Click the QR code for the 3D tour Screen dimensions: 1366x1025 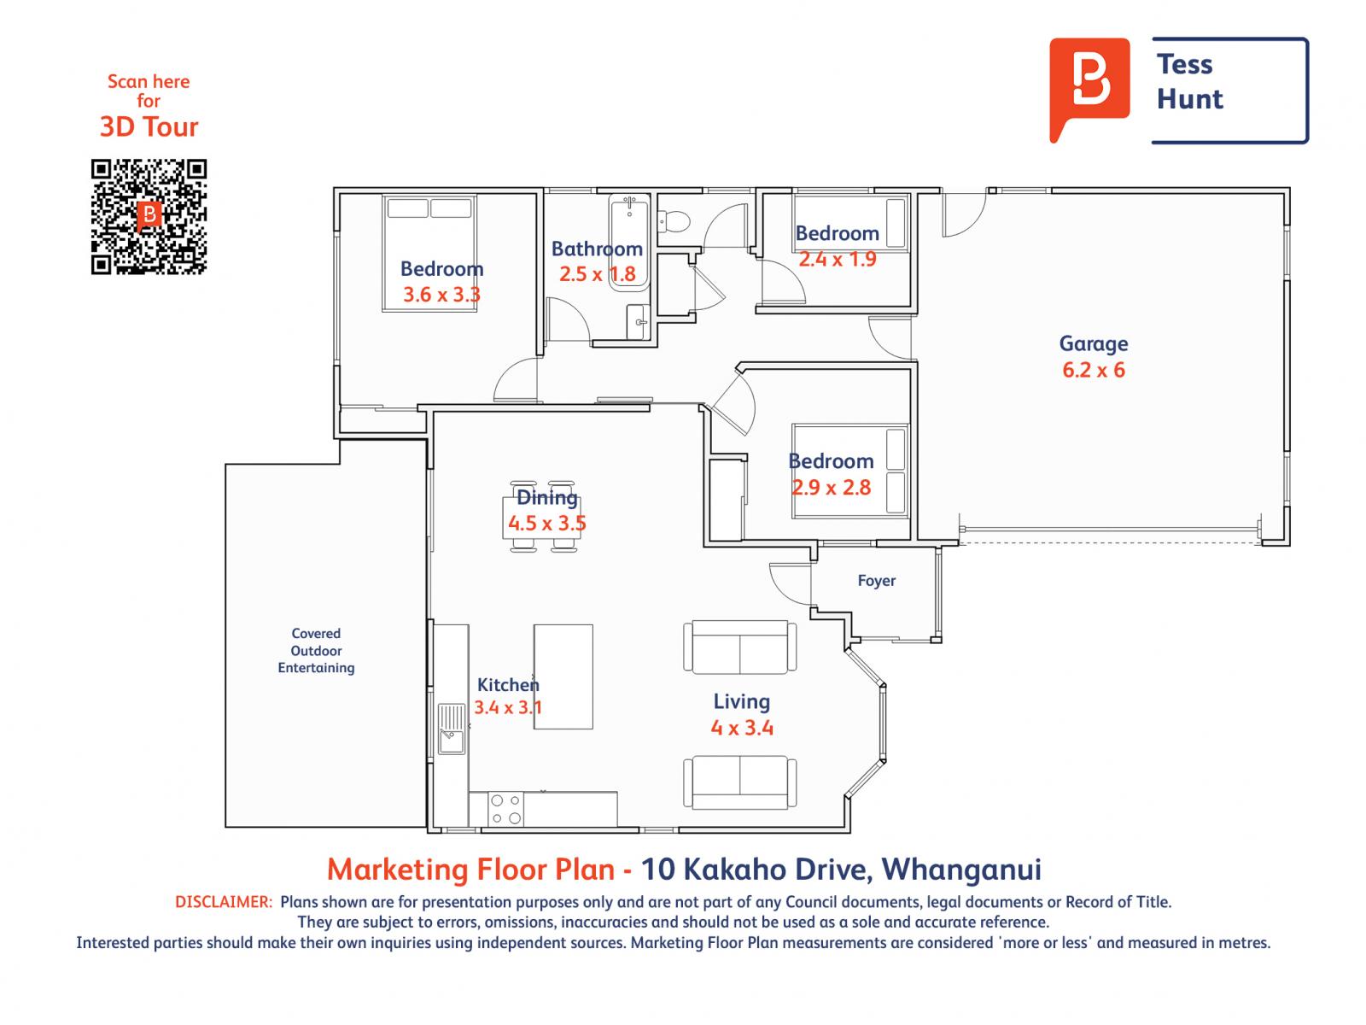149,217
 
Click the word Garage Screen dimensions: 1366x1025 1094,343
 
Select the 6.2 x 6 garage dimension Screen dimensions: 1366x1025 1094,371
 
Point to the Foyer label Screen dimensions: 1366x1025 876,581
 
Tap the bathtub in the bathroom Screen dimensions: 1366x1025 629,243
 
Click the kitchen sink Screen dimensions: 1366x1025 452,729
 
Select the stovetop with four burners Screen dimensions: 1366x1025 506,809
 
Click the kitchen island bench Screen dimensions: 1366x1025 563,676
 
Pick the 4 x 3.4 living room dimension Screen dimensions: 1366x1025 742,728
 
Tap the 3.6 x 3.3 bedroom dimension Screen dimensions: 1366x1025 442,295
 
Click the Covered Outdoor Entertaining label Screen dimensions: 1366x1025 316,650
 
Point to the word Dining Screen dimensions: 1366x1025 547,497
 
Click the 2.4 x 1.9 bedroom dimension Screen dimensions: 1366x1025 837,259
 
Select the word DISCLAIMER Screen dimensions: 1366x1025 224,902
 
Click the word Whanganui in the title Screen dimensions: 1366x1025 961,870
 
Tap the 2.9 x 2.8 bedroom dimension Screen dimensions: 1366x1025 831,487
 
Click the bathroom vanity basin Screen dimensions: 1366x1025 639,322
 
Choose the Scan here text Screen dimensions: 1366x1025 149,81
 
